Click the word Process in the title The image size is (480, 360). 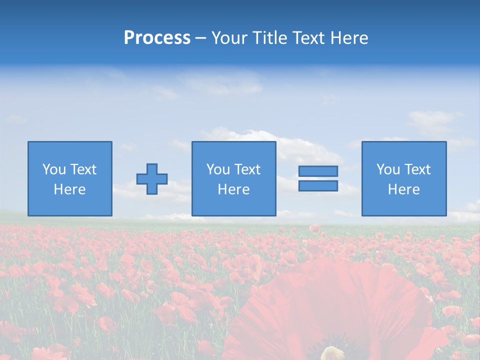157,38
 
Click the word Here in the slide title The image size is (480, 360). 349,38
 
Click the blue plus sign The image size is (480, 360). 152,179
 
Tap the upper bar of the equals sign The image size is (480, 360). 318,171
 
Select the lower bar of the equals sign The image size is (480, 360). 318,185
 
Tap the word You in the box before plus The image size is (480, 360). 54,169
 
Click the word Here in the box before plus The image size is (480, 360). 70,189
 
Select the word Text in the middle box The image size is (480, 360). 247,169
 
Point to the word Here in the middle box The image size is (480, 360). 233,189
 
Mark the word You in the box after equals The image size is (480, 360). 388,169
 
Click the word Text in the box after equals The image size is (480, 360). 417,169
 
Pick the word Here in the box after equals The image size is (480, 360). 404,189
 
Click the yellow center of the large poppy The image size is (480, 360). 332,353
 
